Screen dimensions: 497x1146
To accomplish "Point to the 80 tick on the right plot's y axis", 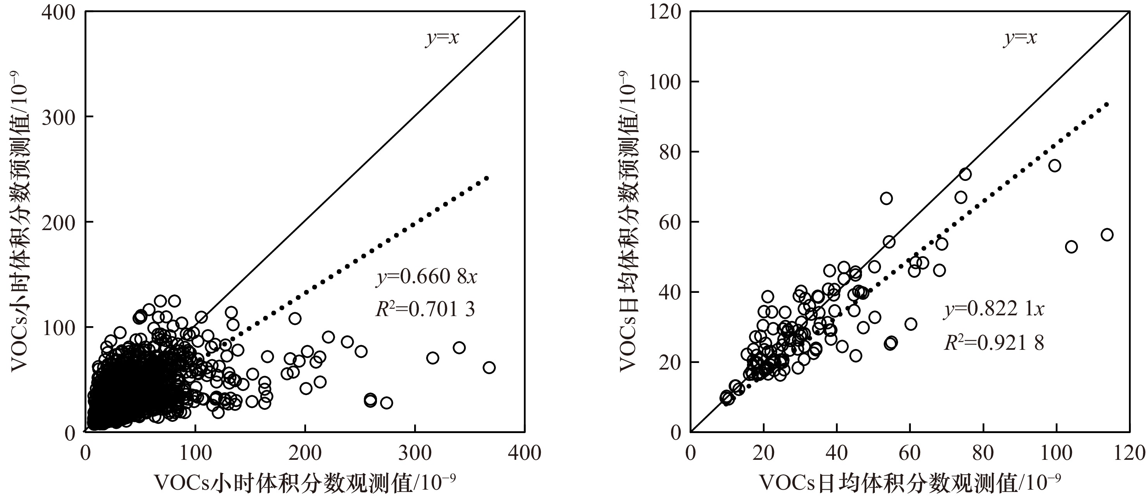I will [x=670, y=152].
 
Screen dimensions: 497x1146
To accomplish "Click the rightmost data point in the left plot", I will [x=489, y=368].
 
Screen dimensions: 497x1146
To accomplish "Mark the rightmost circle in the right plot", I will [x=1107, y=234].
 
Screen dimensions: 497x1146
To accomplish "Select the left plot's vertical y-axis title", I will [x=20, y=222].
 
